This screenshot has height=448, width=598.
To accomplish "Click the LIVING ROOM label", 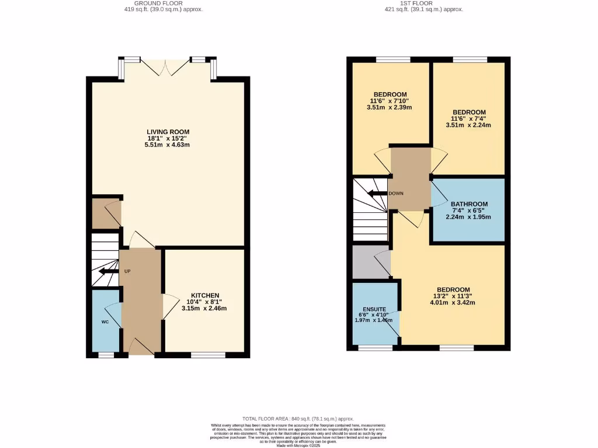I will [168, 132].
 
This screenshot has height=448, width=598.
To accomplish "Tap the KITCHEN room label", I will [205, 295].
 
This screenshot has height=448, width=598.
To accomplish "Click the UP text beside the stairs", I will [127, 271].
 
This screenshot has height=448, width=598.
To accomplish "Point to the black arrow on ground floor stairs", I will [107, 271].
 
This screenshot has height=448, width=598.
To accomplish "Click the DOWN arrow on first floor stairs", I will [379, 193].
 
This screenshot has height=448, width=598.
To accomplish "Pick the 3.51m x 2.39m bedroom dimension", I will [389, 107].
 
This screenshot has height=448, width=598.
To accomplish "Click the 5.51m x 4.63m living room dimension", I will [168, 145].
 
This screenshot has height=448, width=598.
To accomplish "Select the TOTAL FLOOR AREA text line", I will [298, 419].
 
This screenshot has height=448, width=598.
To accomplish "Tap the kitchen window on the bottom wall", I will [208, 354].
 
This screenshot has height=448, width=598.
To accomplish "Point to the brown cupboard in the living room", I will [106, 214].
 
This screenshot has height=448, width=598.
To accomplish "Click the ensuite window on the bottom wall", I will [375, 348].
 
